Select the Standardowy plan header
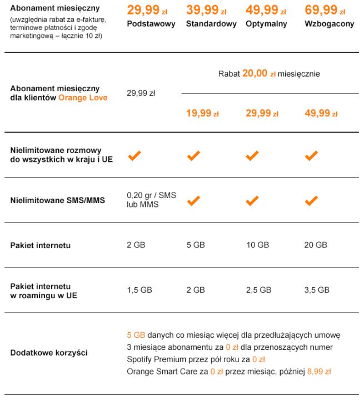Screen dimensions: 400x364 click(x=211, y=24)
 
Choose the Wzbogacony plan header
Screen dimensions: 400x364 click(x=329, y=24)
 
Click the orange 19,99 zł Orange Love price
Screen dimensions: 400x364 click(x=202, y=113)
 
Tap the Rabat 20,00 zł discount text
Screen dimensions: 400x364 click(x=269, y=73)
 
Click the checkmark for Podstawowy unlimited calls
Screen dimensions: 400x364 click(x=134, y=156)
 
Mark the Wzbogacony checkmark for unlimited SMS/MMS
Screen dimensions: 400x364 click(x=312, y=201)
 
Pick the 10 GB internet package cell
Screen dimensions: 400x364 click(x=257, y=245)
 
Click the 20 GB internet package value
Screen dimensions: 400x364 click(x=316, y=245)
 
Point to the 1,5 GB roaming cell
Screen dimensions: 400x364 click(x=139, y=290)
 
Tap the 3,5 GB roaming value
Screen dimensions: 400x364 click(x=317, y=290)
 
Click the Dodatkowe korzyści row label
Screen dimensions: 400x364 click(x=49, y=353)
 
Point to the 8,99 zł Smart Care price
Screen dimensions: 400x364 click(x=319, y=371)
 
